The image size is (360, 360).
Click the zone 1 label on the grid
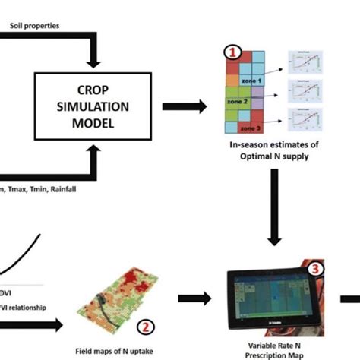251,80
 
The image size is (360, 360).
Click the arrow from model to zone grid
194,106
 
